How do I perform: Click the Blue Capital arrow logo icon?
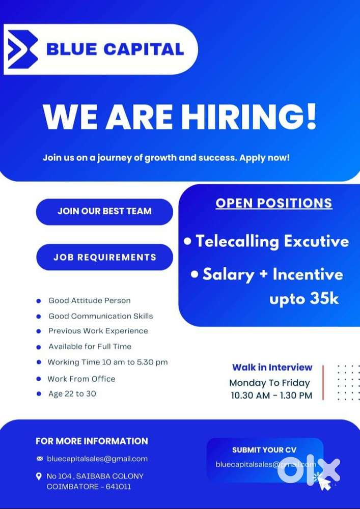coord(22,50)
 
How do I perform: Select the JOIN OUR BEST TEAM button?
coord(104,211)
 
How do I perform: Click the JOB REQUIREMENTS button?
coord(104,257)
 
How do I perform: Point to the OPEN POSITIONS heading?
coord(273,203)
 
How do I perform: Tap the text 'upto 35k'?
coord(303,299)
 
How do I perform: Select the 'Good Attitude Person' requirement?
coord(90,300)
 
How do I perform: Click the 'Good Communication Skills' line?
coord(100,316)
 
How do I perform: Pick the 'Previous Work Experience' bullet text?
coord(98,331)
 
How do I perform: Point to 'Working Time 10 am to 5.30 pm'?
coord(107,362)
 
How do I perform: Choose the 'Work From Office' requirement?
coord(81,379)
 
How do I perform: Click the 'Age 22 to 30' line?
coord(72,393)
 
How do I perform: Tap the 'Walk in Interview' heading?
coord(272,367)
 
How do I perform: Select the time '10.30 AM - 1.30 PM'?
coord(271,395)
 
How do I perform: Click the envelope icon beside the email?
coord(40,459)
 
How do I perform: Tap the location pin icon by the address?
coord(39,476)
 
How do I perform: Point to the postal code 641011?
coord(120,486)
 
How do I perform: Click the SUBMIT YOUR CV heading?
coord(264,450)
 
